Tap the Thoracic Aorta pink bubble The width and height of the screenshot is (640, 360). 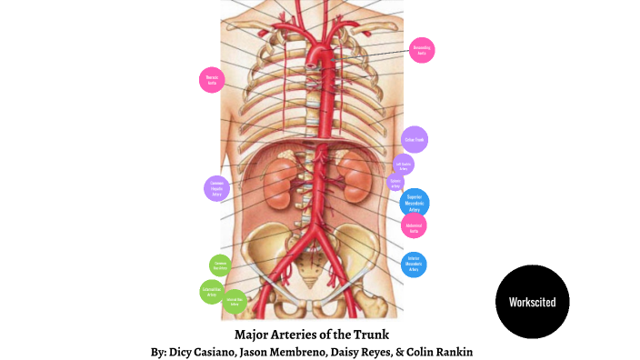pos(212,79)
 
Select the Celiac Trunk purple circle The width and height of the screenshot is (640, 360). pos(415,139)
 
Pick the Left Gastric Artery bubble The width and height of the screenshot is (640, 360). pos(404,165)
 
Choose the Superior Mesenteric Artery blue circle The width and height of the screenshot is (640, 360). pos(415,203)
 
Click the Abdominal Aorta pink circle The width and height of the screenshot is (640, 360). pos(414,226)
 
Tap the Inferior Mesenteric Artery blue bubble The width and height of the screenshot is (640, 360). pos(414,265)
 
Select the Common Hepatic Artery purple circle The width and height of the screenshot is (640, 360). pos(216,188)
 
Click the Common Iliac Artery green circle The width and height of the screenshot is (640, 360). pos(220,266)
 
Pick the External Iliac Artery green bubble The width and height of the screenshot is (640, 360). pos(212,292)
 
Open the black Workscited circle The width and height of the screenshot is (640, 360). pos(539,302)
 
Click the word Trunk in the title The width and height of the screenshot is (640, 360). pos(370,333)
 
